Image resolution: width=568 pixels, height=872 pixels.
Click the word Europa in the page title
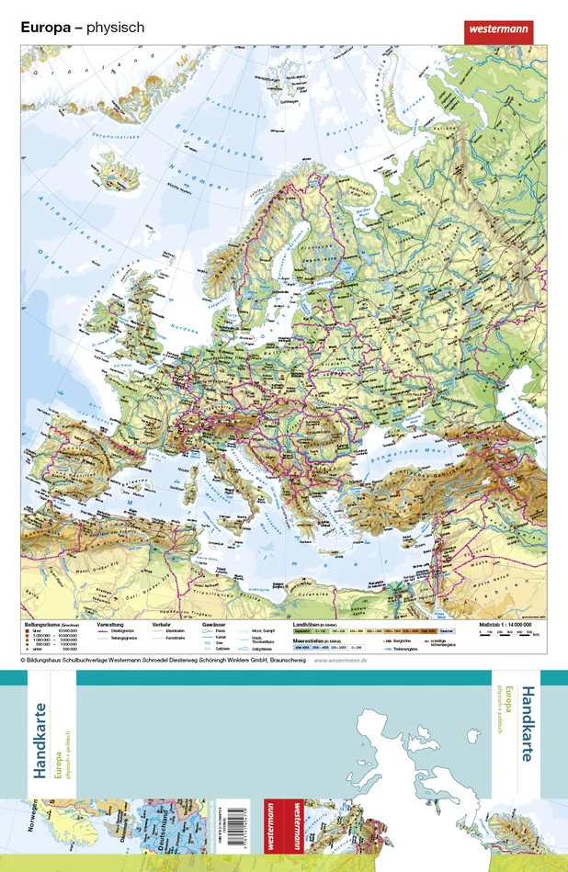coord(45,28)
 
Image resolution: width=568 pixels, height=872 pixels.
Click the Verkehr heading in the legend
coord(163,624)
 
